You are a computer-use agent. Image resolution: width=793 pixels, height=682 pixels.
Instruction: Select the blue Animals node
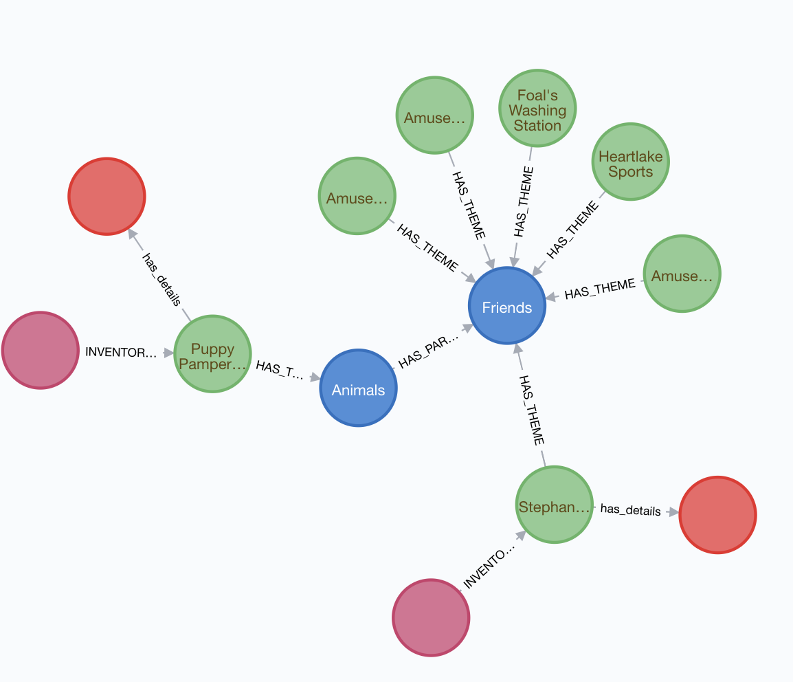click(358, 388)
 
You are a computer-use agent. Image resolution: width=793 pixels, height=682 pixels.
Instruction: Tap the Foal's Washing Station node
click(537, 109)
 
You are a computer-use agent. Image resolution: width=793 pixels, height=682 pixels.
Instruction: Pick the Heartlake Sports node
click(630, 162)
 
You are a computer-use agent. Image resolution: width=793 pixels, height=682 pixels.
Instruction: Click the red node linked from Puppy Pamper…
click(107, 197)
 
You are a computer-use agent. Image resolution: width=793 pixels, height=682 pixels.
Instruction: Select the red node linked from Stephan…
click(717, 514)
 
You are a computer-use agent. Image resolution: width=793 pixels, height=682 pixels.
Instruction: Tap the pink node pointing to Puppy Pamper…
click(40, 350)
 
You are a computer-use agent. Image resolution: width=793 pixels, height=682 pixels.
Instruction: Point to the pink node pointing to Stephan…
click(431, 617)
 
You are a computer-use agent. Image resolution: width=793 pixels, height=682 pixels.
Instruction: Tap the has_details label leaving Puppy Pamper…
click(161, 279)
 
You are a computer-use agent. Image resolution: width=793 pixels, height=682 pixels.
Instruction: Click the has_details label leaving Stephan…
click(630, 510)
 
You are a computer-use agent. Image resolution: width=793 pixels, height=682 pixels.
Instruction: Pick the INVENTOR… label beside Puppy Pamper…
click(120, 352)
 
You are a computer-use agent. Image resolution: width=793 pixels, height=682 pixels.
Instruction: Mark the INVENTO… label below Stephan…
click(488, 568)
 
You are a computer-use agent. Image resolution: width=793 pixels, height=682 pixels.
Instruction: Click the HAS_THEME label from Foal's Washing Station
click(524, 201)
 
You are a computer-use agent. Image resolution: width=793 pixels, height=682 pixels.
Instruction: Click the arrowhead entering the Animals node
click(315, 377)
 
